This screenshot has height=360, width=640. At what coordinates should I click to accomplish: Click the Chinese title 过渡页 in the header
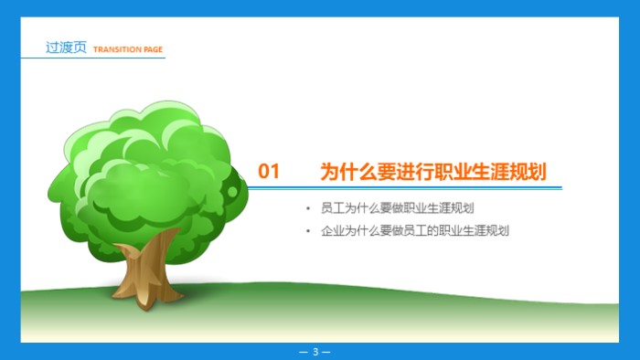tap(66, 48)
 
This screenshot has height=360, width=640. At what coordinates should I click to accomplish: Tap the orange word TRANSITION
tap(117, 49)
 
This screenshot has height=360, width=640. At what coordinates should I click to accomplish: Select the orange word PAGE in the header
tap(153, 49)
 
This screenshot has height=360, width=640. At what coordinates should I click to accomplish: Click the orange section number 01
tap(269, 171)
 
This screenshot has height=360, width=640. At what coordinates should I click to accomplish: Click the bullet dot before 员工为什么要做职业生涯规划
tap(311, 208)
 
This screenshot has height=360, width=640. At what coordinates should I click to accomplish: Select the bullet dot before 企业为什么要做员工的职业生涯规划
tap(311, 231)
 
